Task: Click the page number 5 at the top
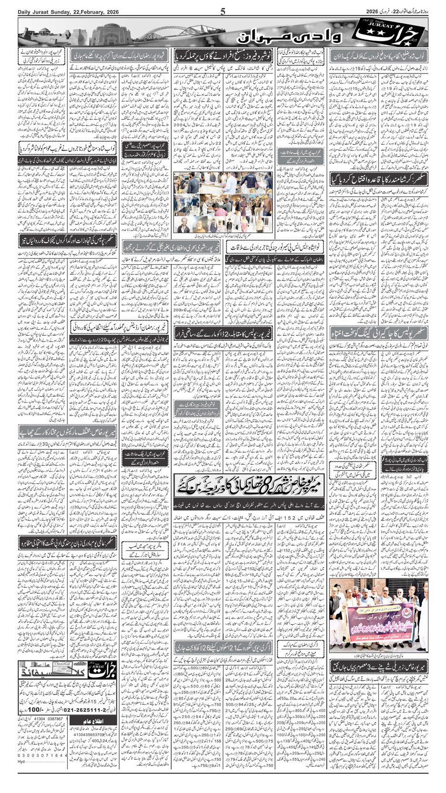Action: [223, 12]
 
